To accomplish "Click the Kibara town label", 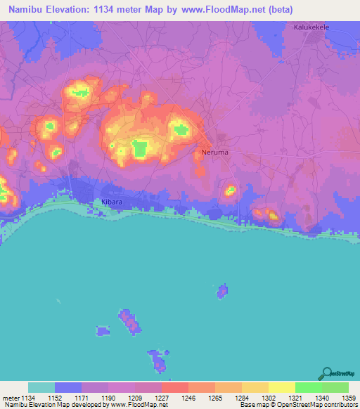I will tap(105, 201).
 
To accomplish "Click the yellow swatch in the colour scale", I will tap(282, 387).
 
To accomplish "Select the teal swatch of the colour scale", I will tap(41, 387).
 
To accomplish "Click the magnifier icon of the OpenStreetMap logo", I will tap(326, 372).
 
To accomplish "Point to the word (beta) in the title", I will tap(278, 10).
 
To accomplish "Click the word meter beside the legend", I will tap(11, 397).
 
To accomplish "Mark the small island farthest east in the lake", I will tap(222, 290).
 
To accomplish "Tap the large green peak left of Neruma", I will tap(140, 148).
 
